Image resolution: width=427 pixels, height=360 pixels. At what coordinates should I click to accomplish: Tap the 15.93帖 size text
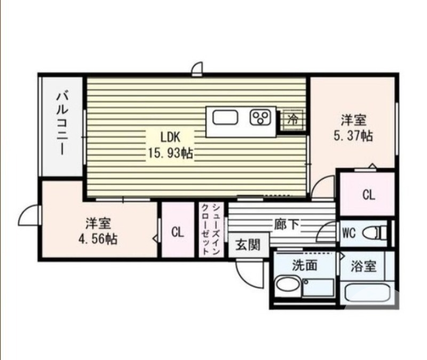(x=170, y=153)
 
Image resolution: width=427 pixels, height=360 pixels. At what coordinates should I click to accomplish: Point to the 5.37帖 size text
(x=353, y=136)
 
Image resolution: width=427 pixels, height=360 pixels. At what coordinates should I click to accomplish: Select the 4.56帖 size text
(x=98, y=238)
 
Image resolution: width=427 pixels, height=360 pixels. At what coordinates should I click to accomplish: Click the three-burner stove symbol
(x=261, y=117)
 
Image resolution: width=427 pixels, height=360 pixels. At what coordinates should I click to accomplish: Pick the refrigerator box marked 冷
(x=292, y=117)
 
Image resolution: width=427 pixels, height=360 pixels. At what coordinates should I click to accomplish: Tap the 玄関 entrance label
(x=248, y=246)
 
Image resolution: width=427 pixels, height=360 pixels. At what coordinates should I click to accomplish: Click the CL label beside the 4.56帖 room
(x=177, y=232)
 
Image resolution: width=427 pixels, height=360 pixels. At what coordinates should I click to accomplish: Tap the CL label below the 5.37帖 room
(x=368, y=195)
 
